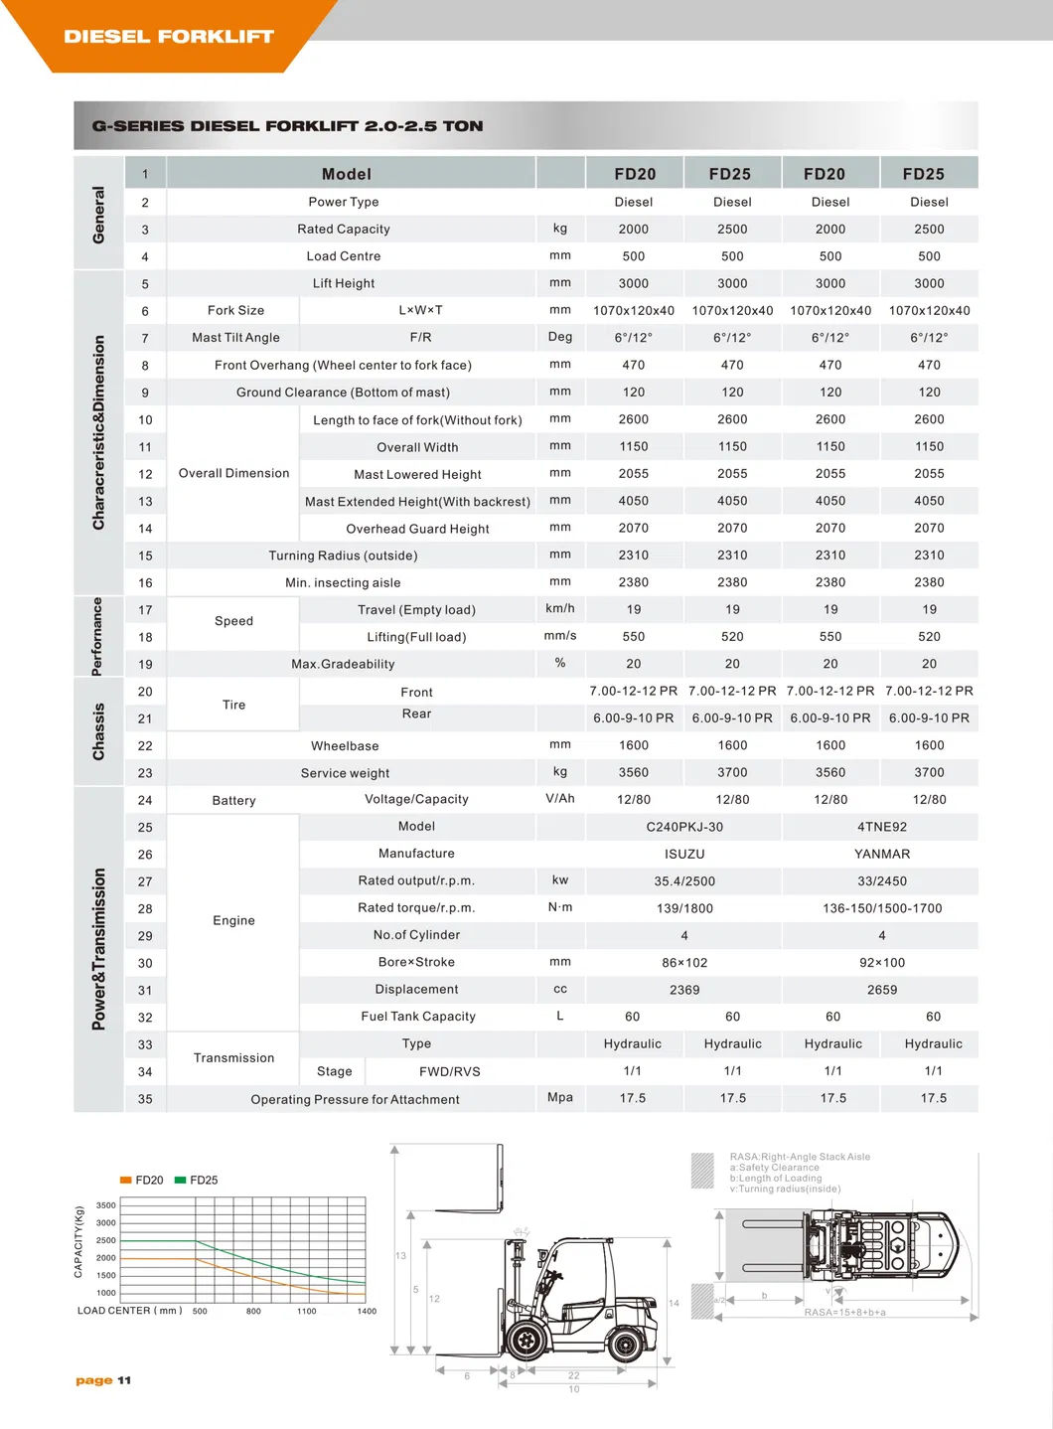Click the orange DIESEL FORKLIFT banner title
[169, 37]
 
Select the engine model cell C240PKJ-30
[684, 827]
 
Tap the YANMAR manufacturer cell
[882, 854]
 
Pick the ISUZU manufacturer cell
[684, 854]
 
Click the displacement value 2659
[882, 990]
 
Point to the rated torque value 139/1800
[684, 908]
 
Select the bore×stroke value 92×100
[882, 962]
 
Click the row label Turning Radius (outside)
[343, 556]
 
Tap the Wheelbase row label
[345, 746]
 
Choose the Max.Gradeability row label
[343, 664]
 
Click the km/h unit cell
[560, 608]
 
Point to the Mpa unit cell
[560, 1097]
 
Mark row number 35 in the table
[145, 1099]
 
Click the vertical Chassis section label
[98, 732]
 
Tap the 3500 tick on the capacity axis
[106, 1205]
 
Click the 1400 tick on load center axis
[367, 1312]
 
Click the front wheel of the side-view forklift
[526, 1341]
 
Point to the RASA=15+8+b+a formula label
[844, 1313]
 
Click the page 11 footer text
[103, 1380]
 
